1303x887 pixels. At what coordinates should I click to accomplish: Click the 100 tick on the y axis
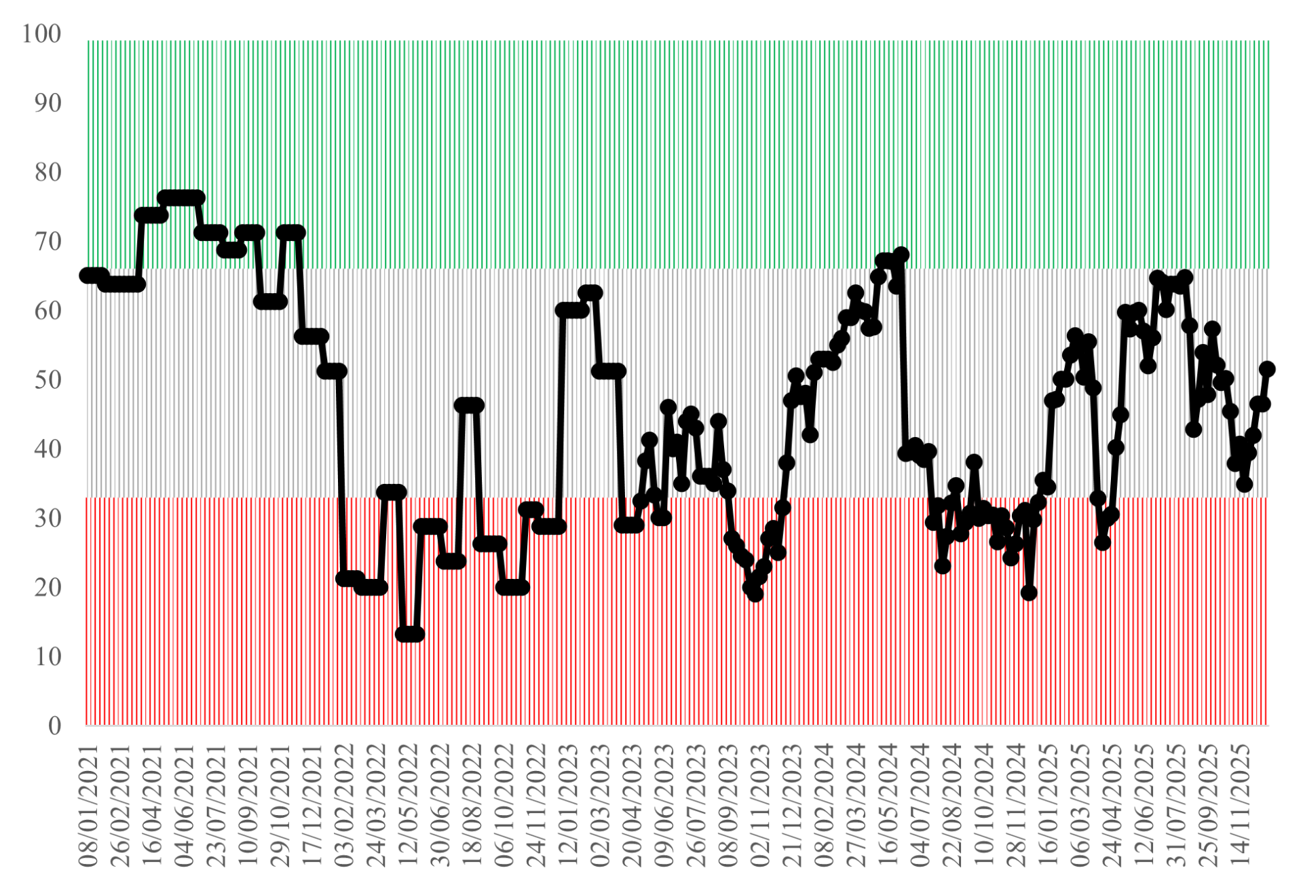[41, 34]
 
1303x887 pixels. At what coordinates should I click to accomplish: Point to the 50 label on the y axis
[48, 380]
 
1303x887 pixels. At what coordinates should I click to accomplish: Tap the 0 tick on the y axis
[54, 726]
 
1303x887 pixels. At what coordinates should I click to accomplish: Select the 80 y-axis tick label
[48, 172]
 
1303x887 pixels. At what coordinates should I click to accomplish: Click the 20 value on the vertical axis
[48, 588]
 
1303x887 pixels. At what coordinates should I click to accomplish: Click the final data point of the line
[1266, 369]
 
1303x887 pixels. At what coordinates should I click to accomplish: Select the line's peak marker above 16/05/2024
[901, 255]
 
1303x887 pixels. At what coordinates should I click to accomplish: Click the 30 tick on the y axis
[48, 518]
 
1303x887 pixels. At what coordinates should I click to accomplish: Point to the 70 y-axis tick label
[48, 242]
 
